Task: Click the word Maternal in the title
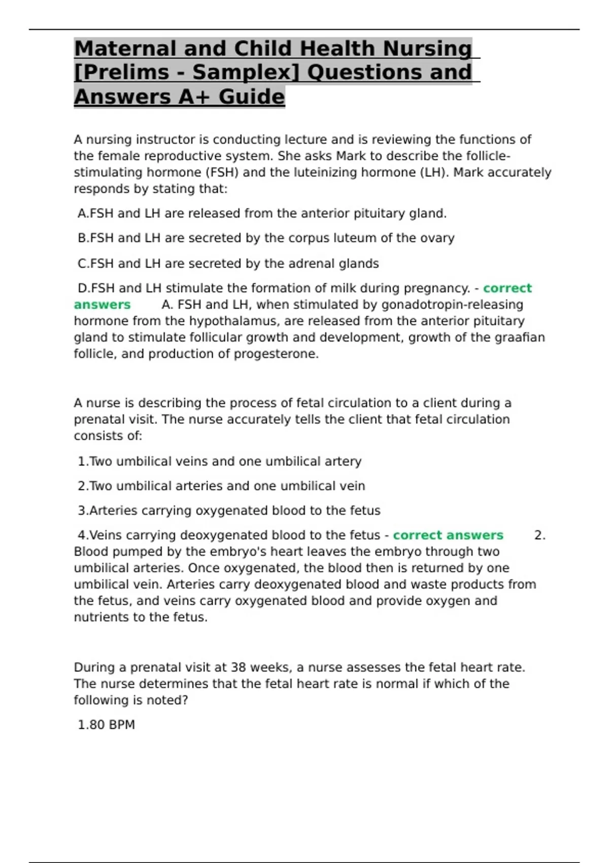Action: tap(124, 49)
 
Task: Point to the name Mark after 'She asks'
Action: tap(351, 156)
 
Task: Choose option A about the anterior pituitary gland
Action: tap(262, 214)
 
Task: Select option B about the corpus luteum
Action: tap(266, 238)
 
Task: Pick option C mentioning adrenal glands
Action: tap(228, 264)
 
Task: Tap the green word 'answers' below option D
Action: tap(102, 305)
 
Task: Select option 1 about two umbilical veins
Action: tap(219, 461)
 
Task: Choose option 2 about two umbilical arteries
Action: tap(221, 486)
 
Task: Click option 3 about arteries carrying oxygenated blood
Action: tap(229, 511)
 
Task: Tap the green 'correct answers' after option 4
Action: tap(448, 536)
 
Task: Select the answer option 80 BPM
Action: tap(106, 725)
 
